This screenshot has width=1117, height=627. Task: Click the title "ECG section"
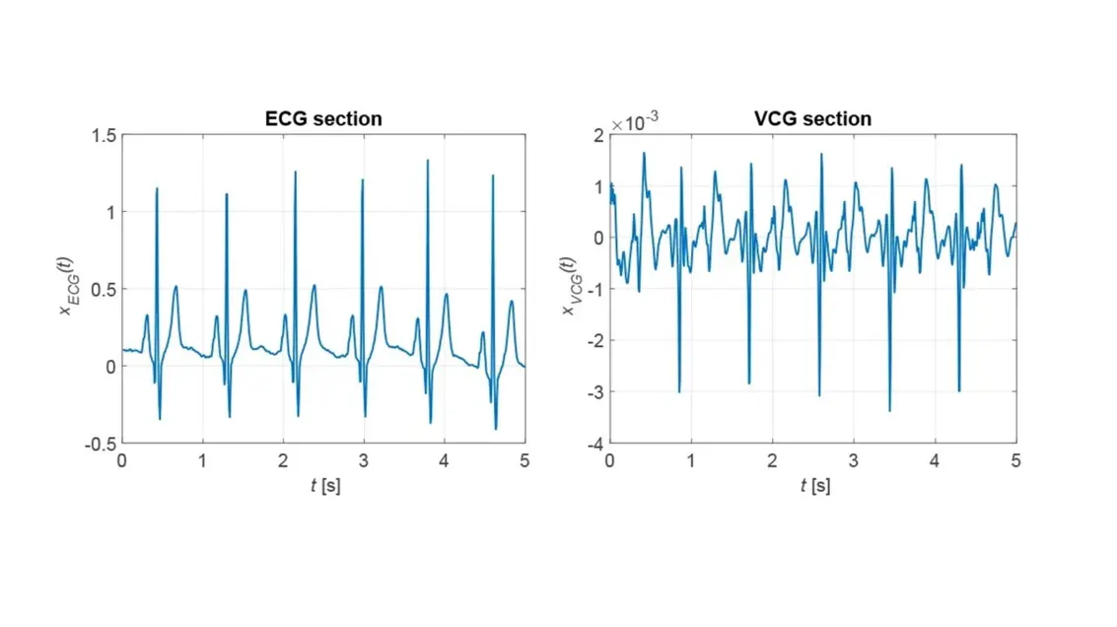point(323,119)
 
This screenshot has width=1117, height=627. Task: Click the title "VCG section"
point(812,119)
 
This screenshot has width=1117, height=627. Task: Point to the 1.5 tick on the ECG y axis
point(102,135)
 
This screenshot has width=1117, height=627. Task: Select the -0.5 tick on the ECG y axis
point(99,444)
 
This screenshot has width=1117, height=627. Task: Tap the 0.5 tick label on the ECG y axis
point(102,289)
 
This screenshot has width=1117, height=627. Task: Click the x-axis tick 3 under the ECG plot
point(364,460)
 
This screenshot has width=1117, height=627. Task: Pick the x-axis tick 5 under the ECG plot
point(524,460)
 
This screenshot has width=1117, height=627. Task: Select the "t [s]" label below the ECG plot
point(323,486)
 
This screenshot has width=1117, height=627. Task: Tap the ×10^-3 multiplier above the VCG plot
point(634,123)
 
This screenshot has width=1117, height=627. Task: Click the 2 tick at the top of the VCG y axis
point(597,135)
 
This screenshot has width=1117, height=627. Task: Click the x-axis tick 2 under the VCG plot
point(772,460)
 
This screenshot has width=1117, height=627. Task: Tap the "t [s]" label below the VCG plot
point(813,486)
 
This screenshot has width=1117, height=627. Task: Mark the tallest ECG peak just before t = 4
point(428,161)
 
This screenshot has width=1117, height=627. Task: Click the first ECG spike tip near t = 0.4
point(157,188)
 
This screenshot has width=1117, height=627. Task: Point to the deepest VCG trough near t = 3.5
point(889,410)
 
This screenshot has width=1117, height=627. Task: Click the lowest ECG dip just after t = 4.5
point(496,428)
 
